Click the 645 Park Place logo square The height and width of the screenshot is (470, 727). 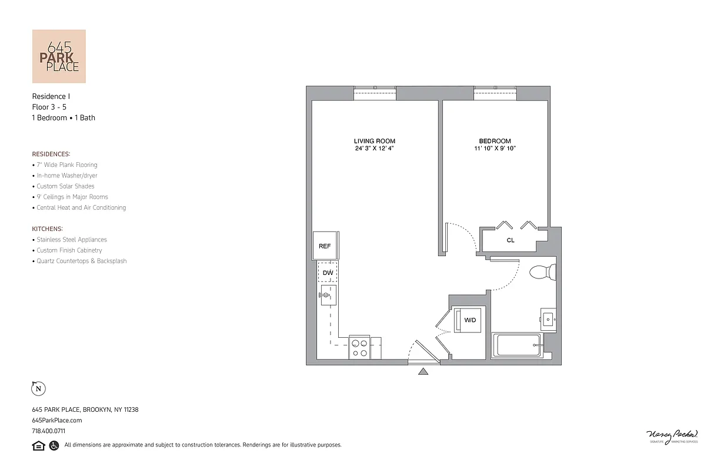(x=59, y=56)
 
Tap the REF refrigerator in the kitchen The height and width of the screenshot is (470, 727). (x=325, y=246)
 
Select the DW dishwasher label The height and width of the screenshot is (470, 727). (x=328, y=273)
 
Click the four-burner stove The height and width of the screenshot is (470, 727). (x=359, y=348)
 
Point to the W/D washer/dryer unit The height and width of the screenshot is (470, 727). (x=470, y=320)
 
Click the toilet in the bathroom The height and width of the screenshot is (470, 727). (x=542, y=272)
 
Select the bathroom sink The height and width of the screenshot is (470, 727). (x=548, y=320)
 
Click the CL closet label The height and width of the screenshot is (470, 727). (x=511, y=240)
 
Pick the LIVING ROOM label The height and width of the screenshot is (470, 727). (x=374, y=141)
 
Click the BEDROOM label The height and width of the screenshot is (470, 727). (x=495, y=141)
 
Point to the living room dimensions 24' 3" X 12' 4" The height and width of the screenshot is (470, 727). (x=374, y=149)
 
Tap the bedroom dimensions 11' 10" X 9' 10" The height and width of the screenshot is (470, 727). (x=495, y=149)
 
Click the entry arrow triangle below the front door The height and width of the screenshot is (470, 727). (x=423, y=371)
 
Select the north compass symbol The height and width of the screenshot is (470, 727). (x=38, y=388)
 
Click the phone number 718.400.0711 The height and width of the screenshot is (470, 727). (x=48, y=431)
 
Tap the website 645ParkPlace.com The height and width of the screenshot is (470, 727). (x=56, y=420)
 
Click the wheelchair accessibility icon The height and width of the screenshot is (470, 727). (x=54, y=445)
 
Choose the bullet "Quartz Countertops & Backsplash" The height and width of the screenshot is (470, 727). (x=81, y=261)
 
